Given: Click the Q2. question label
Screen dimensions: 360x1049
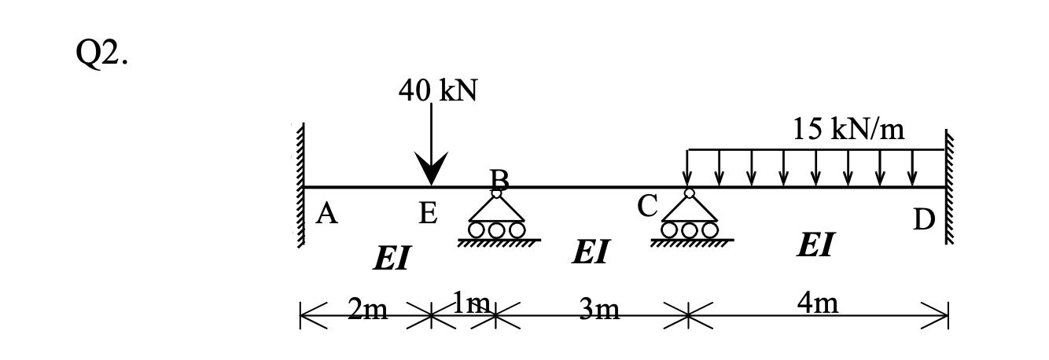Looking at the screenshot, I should point(98,56).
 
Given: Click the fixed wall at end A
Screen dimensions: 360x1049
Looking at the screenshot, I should point(300,187).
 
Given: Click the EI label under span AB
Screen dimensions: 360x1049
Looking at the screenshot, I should point(392,259).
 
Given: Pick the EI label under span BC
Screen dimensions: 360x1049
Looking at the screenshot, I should point(591,252).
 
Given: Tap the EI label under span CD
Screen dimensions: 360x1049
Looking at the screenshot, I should point(815,244).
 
